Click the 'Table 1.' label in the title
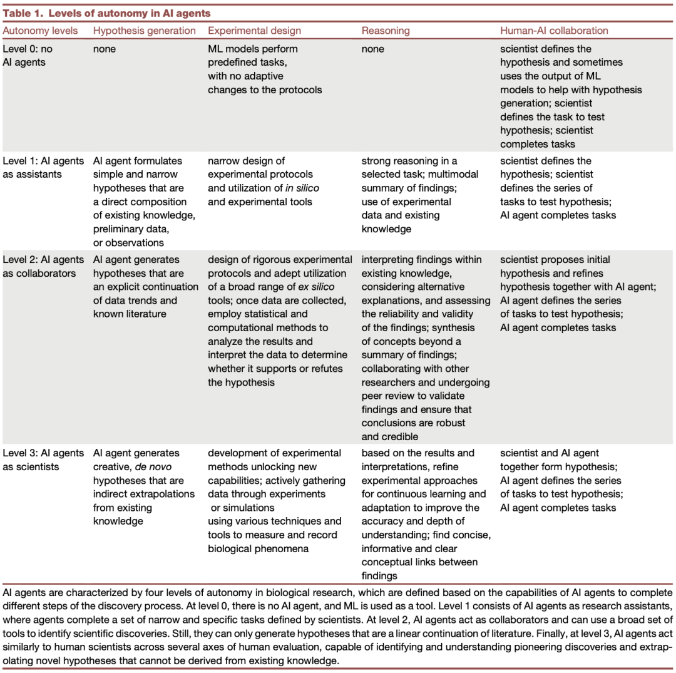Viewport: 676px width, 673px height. [24, 13]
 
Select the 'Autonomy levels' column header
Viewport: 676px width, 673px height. [41, 31]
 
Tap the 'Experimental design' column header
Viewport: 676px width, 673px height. [254, 31]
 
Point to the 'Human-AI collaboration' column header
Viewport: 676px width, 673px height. [554, 31]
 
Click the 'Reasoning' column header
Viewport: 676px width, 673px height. [386, 31]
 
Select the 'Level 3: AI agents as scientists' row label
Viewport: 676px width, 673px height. [43, 460]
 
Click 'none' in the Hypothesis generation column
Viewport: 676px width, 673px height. [105, 49]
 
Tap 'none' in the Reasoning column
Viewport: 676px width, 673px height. [373, 49]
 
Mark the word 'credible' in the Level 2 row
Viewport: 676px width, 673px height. [400, 437]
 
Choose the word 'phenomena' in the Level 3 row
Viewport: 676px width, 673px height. [279, 548]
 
